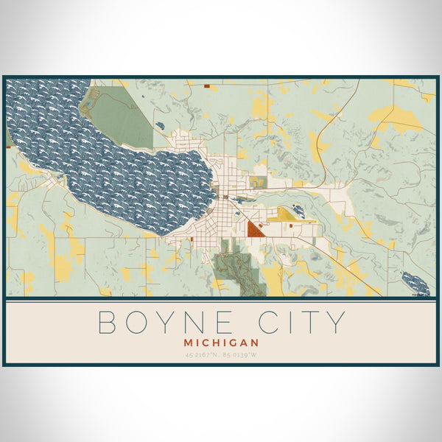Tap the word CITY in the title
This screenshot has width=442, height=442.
pyautogui.click(x=304, y=323)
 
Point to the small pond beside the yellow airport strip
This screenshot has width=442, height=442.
pyautogui.click(x=298, y=211)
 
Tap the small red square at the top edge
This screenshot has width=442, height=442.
pyautogui.click(x=207, y=86)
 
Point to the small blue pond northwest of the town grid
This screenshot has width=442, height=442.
pyautogui.click(x=160, y=126)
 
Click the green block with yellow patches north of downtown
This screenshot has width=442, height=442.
pyautogui.click(x=257, y=181)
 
